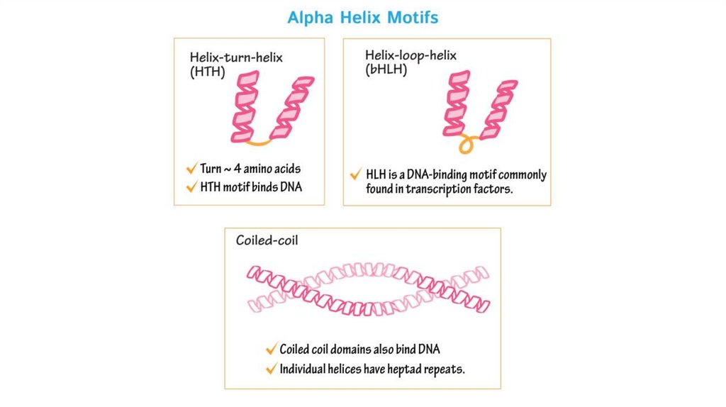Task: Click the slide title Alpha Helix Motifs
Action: coord(362,17)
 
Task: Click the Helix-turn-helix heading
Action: coord(236,57)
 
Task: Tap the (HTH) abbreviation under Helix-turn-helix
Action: coord(207,72)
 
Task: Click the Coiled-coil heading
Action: coord(267,240)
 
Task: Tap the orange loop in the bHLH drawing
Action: coord(467,143)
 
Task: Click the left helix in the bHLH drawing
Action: coord(455,103)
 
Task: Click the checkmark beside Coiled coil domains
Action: coord(271,349)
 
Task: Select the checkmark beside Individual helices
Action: coord(271,369)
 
